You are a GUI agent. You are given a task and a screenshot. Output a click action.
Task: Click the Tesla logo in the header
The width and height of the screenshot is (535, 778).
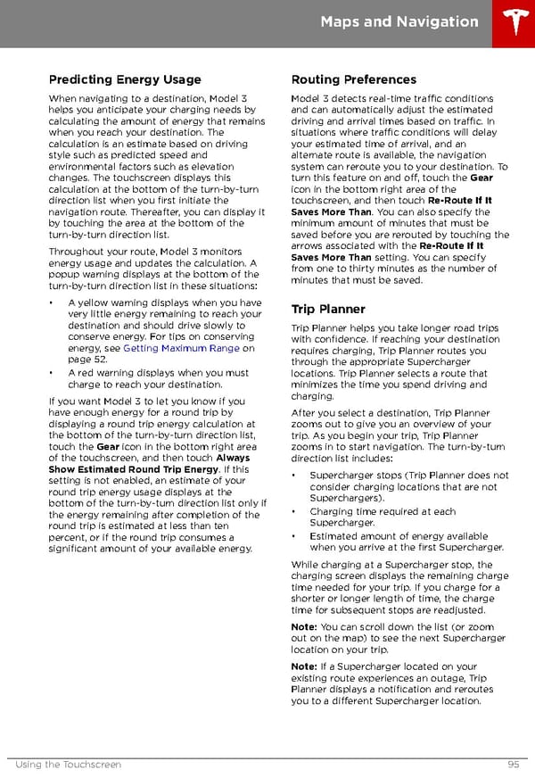(x=515, y=22)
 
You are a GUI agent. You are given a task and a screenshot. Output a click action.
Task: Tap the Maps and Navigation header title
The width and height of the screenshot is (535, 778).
(x=399, y=21)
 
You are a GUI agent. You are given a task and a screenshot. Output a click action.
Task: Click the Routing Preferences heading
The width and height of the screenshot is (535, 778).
(x=353, y=79)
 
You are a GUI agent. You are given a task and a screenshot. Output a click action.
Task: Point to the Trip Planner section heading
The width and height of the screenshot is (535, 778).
(x=328, y=310)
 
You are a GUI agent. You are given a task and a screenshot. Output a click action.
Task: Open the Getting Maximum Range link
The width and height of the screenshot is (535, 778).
(x=181, y=348)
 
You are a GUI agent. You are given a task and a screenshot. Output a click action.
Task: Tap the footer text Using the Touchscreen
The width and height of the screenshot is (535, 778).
(x=69, y=765)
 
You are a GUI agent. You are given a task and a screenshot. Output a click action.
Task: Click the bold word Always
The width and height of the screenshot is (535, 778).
(x=233, y=458)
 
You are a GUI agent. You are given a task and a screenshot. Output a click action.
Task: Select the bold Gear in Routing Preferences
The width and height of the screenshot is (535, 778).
(x=481, y=178)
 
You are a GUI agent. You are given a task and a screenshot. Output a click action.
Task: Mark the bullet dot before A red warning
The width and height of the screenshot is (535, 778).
(x=53, y=373)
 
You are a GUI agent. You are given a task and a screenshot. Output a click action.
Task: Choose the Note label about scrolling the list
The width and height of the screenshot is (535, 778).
(x=303, y=626)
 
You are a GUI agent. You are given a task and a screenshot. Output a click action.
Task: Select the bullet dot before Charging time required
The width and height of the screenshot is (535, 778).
(x=295, y=511)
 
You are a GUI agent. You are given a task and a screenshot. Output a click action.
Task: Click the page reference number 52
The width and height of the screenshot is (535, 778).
(x=101, y=360)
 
